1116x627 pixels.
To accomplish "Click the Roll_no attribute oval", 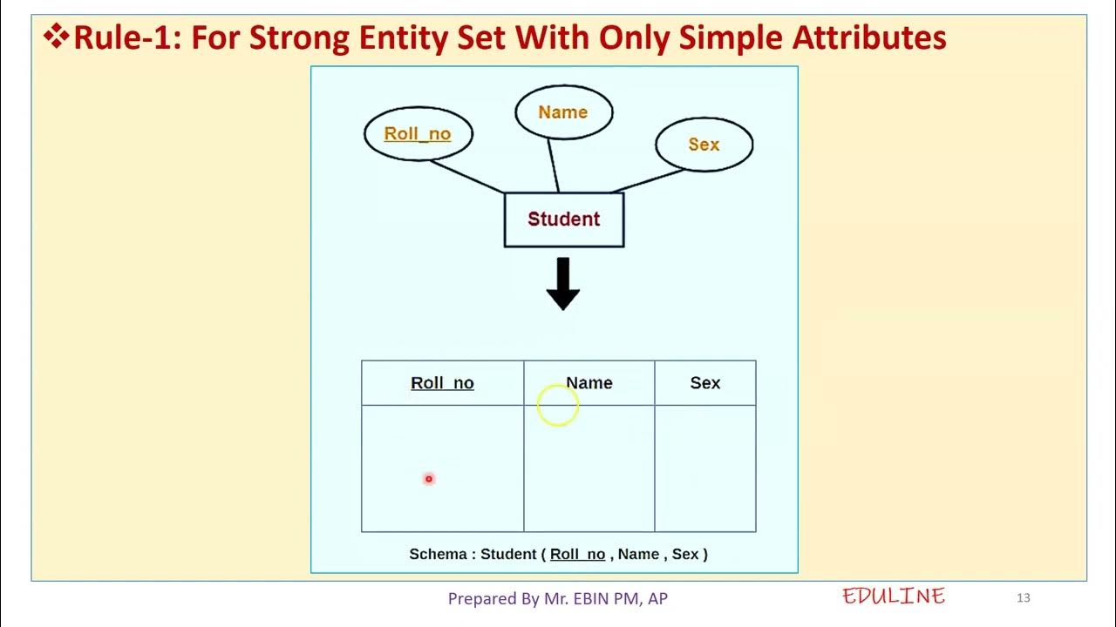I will [418, 134].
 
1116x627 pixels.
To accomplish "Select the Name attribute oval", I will [563, 112].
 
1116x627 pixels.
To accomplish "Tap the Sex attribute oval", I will [704, 145].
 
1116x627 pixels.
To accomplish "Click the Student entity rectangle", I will [564, 219].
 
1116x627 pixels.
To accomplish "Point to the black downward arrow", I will [563, 284].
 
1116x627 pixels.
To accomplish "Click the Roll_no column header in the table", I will [442, 383].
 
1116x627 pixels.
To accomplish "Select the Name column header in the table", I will [590, 383].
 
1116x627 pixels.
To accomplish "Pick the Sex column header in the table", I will [705, 383].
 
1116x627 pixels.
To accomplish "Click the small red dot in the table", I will [429, 479].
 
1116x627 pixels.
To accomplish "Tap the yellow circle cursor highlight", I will [557, 405].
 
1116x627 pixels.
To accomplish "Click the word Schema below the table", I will [438, 554].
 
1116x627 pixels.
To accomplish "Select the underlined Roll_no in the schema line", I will [577, 554].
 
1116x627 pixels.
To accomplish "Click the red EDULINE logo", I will [894, 597].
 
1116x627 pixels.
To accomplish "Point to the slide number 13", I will [1024, 597].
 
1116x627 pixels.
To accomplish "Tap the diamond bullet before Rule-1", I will [58, 37].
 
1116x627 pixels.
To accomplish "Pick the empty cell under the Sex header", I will [705, 468].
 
